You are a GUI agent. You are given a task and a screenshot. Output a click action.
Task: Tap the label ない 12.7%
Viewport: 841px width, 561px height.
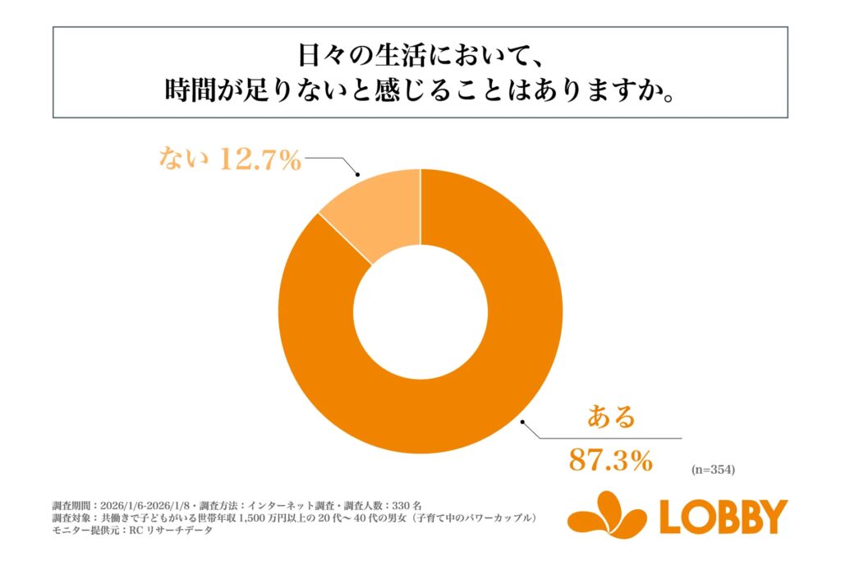point(230,159)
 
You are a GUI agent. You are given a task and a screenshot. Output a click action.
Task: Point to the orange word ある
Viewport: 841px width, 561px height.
point(611,417)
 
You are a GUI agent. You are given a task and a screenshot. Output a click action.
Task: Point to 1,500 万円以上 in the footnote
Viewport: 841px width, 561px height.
point(267,517)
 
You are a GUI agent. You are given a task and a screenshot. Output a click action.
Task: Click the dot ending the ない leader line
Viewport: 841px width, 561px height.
point(359,174)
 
